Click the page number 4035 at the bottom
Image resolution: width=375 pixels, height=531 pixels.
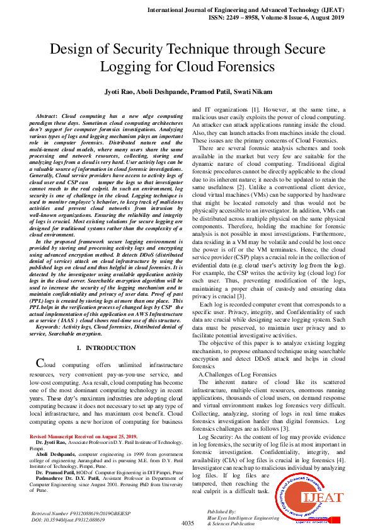point(187,523)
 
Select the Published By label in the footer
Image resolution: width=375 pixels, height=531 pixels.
point(221,511)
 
